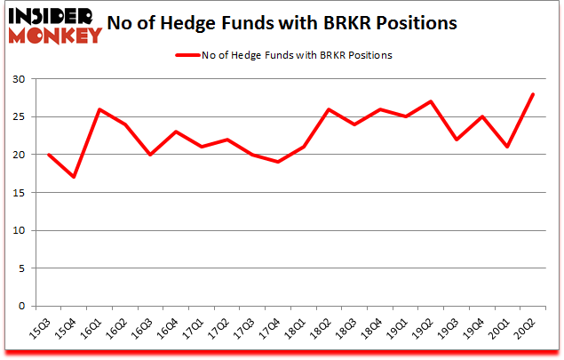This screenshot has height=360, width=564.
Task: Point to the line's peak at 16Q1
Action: pos(99,109)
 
